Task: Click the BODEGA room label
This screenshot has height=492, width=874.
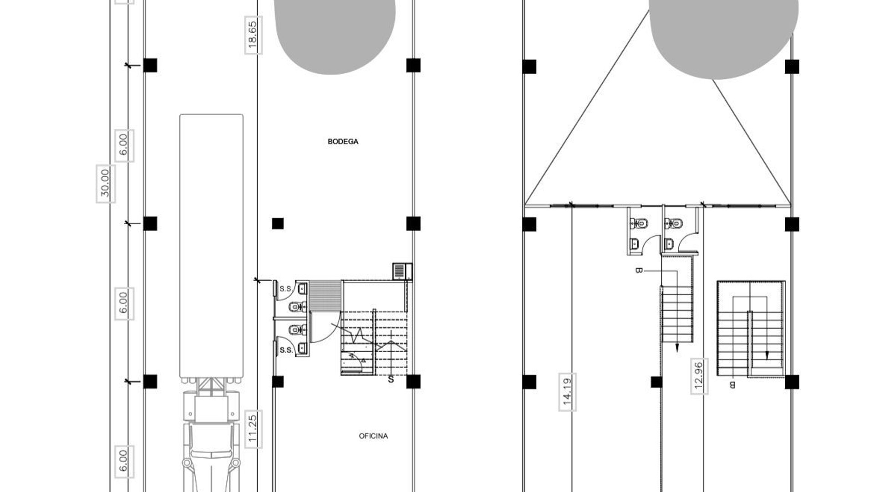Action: (343, 142)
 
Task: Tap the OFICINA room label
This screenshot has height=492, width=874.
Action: (373, 436)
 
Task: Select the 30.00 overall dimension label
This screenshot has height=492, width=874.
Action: (105, 184)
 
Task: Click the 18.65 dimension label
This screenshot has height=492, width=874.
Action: (253, 36)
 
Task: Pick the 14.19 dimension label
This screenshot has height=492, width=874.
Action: (567, 392)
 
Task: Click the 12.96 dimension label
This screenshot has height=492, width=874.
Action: (699, 377)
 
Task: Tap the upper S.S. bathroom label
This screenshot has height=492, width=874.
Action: (285, 289)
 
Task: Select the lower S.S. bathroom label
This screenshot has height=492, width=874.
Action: (286, 350)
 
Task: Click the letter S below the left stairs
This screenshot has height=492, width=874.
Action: (391, 379)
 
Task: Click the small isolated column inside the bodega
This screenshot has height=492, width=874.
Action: (278, 224)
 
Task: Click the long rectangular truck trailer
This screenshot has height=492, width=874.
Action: (211, 246)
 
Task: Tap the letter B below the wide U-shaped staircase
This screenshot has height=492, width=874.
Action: (732, 385)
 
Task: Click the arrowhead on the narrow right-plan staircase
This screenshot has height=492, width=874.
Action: (677, 348)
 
